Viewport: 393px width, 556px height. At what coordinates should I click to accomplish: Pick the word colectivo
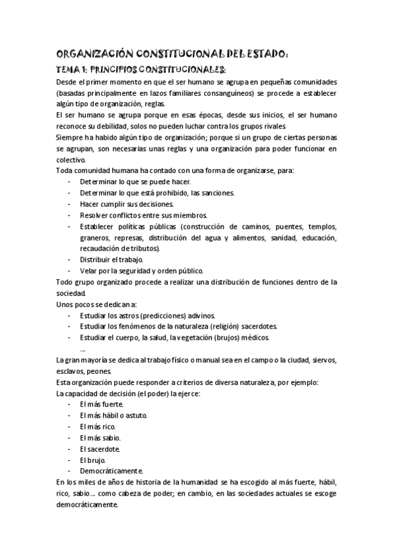(71, 159)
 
